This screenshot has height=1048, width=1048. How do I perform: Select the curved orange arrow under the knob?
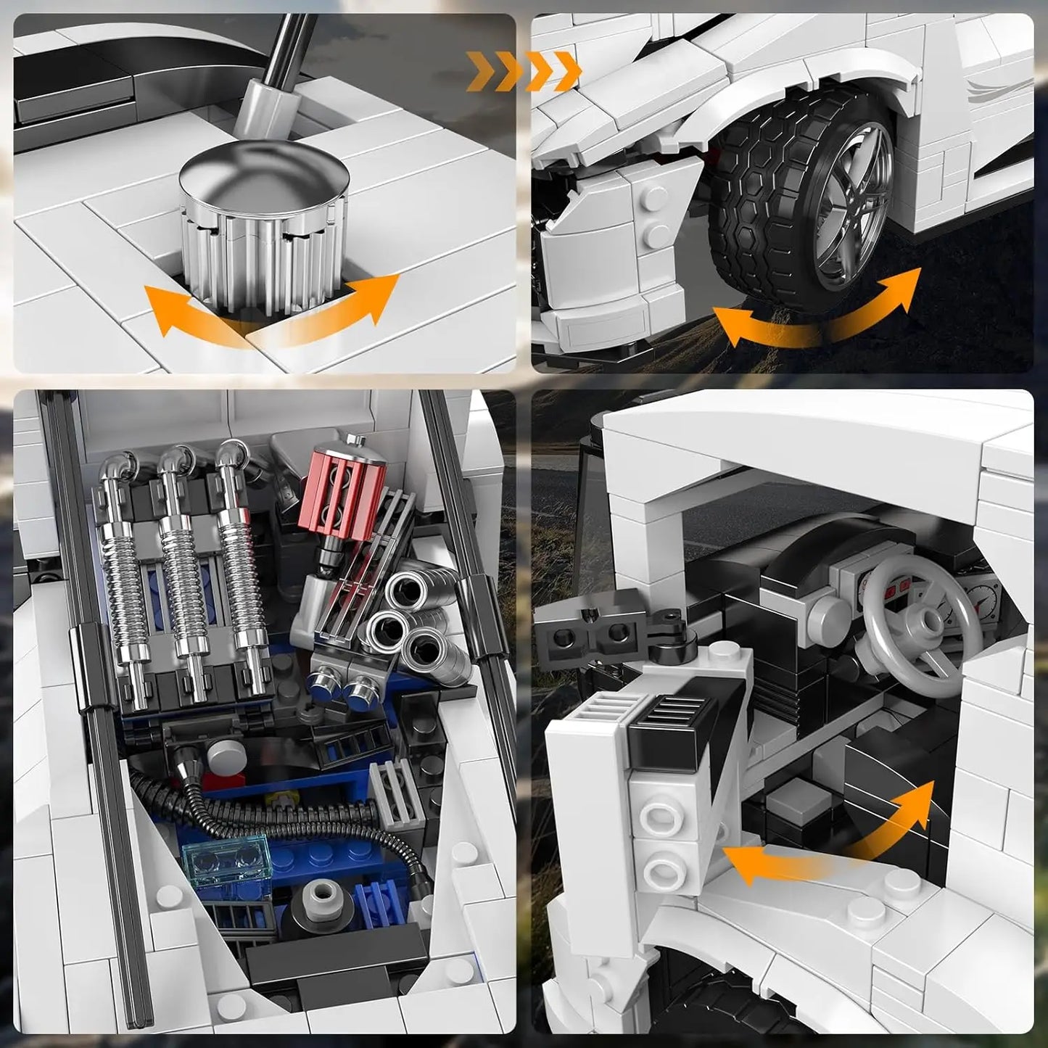(x=268, y=315)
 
